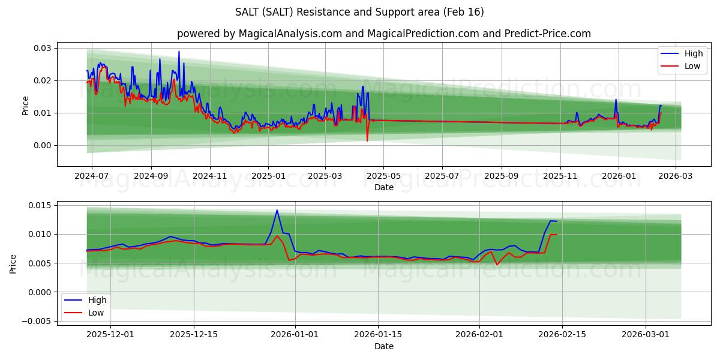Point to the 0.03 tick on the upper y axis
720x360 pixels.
click(x=43, y=48)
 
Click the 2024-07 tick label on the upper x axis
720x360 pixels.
click(x=92, y=176)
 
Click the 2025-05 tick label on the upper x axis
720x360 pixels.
click(x=383, y=176)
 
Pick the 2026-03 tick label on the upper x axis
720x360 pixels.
click(x=676, y=176)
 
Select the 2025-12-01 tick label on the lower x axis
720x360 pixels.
click(x=110, y=335)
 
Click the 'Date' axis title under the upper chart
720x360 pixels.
click(x=384, y=187)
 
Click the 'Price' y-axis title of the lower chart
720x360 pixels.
click(x=14, y=263)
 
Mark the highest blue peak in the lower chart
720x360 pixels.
click(x=277, y=210)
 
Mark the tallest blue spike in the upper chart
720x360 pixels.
click(x=179, y=52)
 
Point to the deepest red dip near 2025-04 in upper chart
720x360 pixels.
click(x=367, y=141)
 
